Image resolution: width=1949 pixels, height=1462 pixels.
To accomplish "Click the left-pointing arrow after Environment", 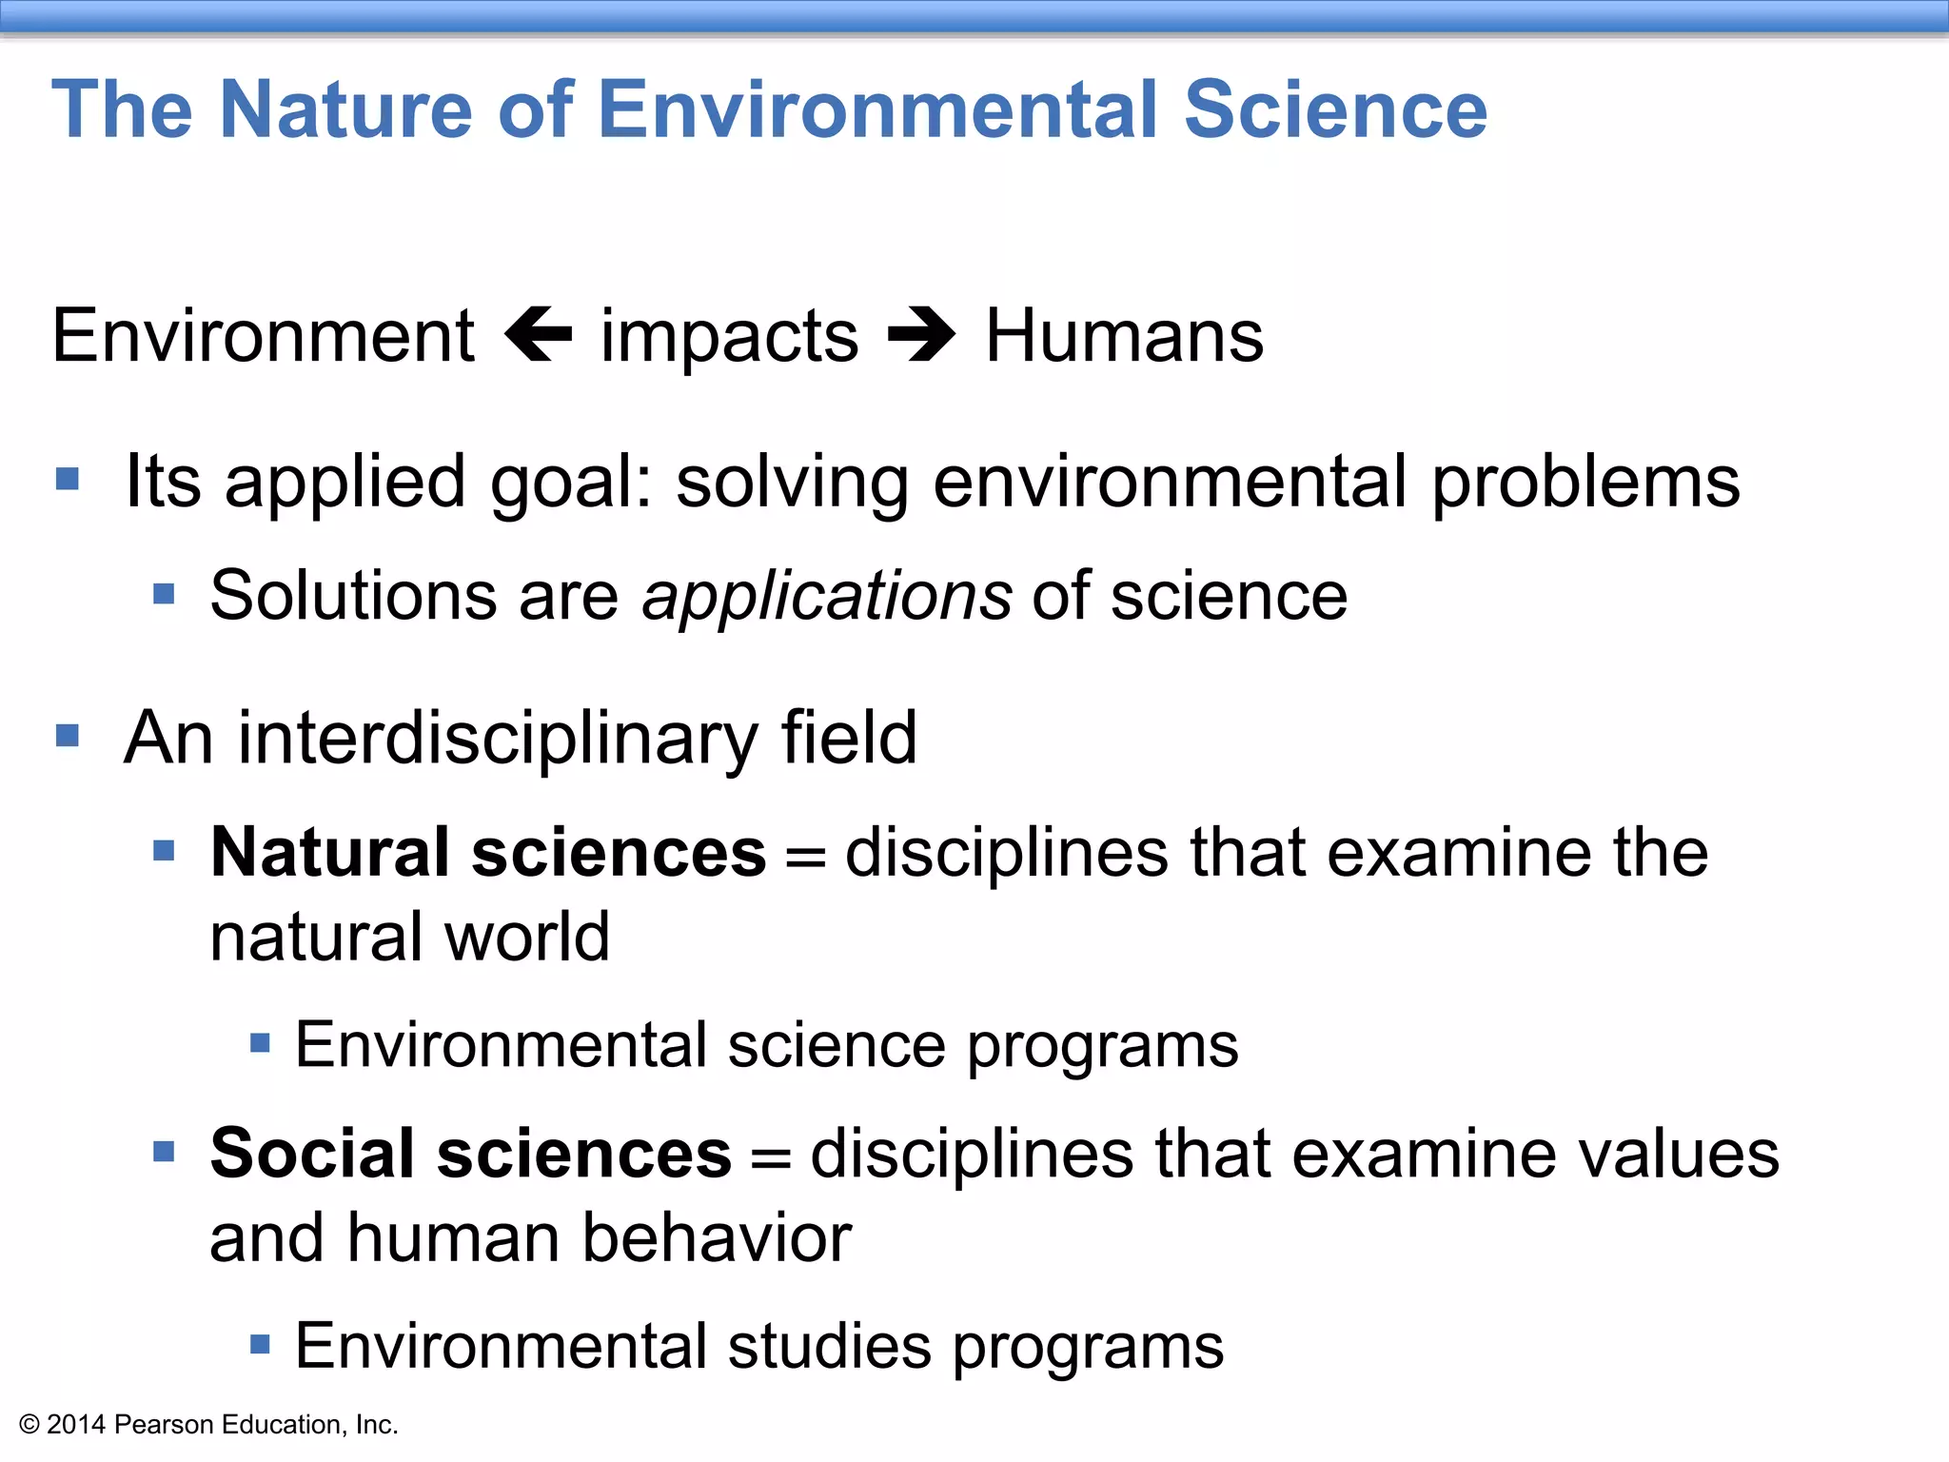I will coord(539,335).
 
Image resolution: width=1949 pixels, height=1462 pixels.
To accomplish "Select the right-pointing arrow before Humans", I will coord(920,335).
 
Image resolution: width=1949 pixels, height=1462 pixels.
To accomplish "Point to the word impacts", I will coord(729,339).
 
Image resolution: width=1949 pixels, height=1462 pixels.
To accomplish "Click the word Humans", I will coord(1124,335).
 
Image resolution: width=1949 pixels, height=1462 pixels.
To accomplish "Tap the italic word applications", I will coord(827,598).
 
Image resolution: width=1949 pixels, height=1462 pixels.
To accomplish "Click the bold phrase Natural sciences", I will coord(488,852).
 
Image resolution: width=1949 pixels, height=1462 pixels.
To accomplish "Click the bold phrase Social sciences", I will coord(471,1154).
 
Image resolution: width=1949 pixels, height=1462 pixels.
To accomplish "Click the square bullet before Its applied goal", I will coord(68,478).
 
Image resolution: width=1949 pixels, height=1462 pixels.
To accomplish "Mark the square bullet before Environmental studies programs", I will coord(260,1345).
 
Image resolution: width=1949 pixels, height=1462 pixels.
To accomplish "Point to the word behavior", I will coord(716,1238).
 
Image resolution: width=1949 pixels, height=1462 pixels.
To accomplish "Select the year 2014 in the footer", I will coord(76,1425).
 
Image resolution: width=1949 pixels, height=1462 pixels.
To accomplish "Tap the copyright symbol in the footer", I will coord(29,1425).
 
